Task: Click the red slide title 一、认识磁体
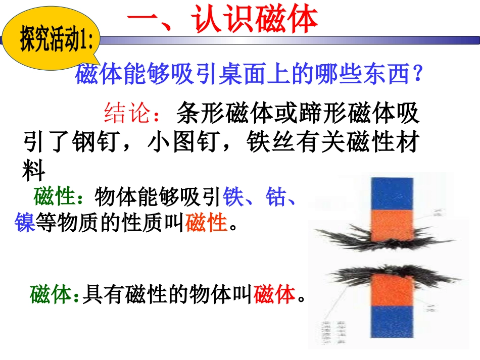222,20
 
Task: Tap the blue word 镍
24,223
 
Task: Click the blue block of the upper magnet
392,193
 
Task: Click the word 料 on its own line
34,172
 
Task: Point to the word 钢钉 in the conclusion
97,143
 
